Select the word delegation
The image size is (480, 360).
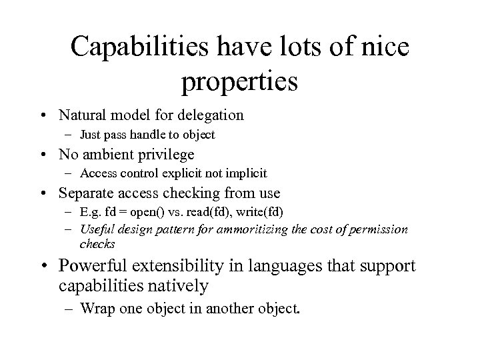211,115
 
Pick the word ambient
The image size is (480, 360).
111,155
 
